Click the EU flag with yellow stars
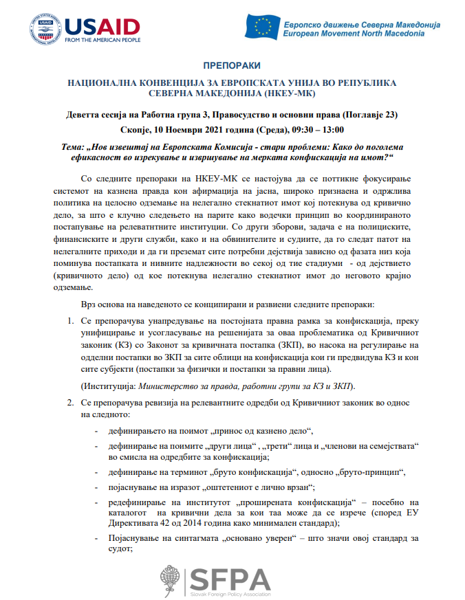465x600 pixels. [262, 27]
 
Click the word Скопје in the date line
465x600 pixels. [135, 129]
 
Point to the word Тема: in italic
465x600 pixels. [75, 148]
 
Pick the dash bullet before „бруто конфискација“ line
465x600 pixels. [96, 472]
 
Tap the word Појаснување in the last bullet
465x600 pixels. [134, 538]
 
